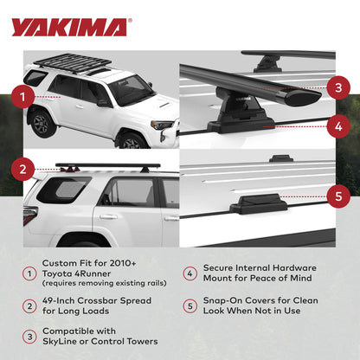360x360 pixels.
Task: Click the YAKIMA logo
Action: [68, 27]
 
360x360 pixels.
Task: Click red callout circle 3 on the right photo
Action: [338, 87]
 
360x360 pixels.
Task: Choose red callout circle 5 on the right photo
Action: [338, 196]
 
